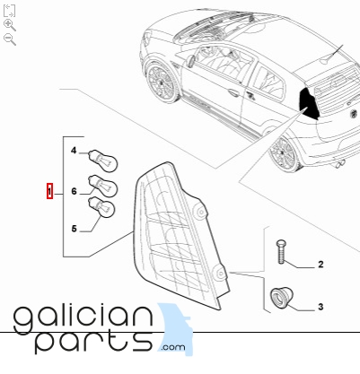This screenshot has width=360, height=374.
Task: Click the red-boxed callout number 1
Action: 49,191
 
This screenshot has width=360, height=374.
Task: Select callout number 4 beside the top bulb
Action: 74,151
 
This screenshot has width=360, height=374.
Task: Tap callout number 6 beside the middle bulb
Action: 74,191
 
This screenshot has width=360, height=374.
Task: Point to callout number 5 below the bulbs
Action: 74,229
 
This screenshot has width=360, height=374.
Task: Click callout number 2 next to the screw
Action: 320,265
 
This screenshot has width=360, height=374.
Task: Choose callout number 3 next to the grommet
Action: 320,307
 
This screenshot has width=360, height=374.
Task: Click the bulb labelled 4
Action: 103,161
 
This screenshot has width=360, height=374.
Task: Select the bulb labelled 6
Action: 102,186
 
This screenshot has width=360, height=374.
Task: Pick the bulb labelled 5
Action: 101,207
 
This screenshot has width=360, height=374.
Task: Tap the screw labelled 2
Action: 280,251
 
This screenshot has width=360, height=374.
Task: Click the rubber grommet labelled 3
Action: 282,297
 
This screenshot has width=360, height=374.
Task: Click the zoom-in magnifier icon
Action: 10,25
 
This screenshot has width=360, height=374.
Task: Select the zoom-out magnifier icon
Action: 10,39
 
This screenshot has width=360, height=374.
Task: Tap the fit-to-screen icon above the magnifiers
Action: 9,11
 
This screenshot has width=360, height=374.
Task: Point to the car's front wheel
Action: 162,82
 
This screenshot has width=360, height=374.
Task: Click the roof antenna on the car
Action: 333,55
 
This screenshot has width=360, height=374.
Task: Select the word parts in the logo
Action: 93,342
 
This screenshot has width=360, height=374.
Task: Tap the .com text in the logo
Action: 173,347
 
